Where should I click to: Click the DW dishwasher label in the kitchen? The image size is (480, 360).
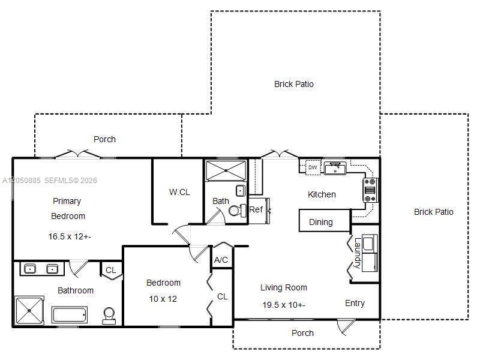tap(313, 167)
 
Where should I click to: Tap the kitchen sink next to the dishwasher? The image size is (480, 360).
tap(335, 168)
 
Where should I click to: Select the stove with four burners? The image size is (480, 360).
tap(370, 190)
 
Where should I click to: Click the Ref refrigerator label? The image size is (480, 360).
tap(256, 209)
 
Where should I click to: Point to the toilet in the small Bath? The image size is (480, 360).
tap(237, 211)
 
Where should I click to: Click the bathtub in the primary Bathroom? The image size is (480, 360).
tap(70, 314)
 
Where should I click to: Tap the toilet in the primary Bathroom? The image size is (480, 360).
tap(109, 316)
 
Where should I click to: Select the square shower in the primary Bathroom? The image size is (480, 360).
tap(29, 311)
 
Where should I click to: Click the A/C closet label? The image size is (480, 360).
tap(221, 260)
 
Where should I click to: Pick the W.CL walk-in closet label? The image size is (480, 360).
tap(179, 192)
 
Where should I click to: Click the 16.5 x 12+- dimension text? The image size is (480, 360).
tap(70, 236)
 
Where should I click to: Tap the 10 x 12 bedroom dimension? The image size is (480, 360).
tap(163, 299)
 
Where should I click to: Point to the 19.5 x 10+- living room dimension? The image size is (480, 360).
tap(284, 305)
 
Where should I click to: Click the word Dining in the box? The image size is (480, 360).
tap(321, 222)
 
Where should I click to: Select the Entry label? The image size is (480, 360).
tap(355, 304)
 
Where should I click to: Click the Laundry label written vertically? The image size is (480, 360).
tap(357, 253)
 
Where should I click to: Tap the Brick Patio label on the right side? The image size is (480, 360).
tap(433, 212)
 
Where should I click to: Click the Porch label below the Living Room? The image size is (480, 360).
tap(302, 333)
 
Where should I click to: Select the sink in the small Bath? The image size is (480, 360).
tap(241, 191)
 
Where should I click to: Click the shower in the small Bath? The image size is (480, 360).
tap(226, 170)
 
